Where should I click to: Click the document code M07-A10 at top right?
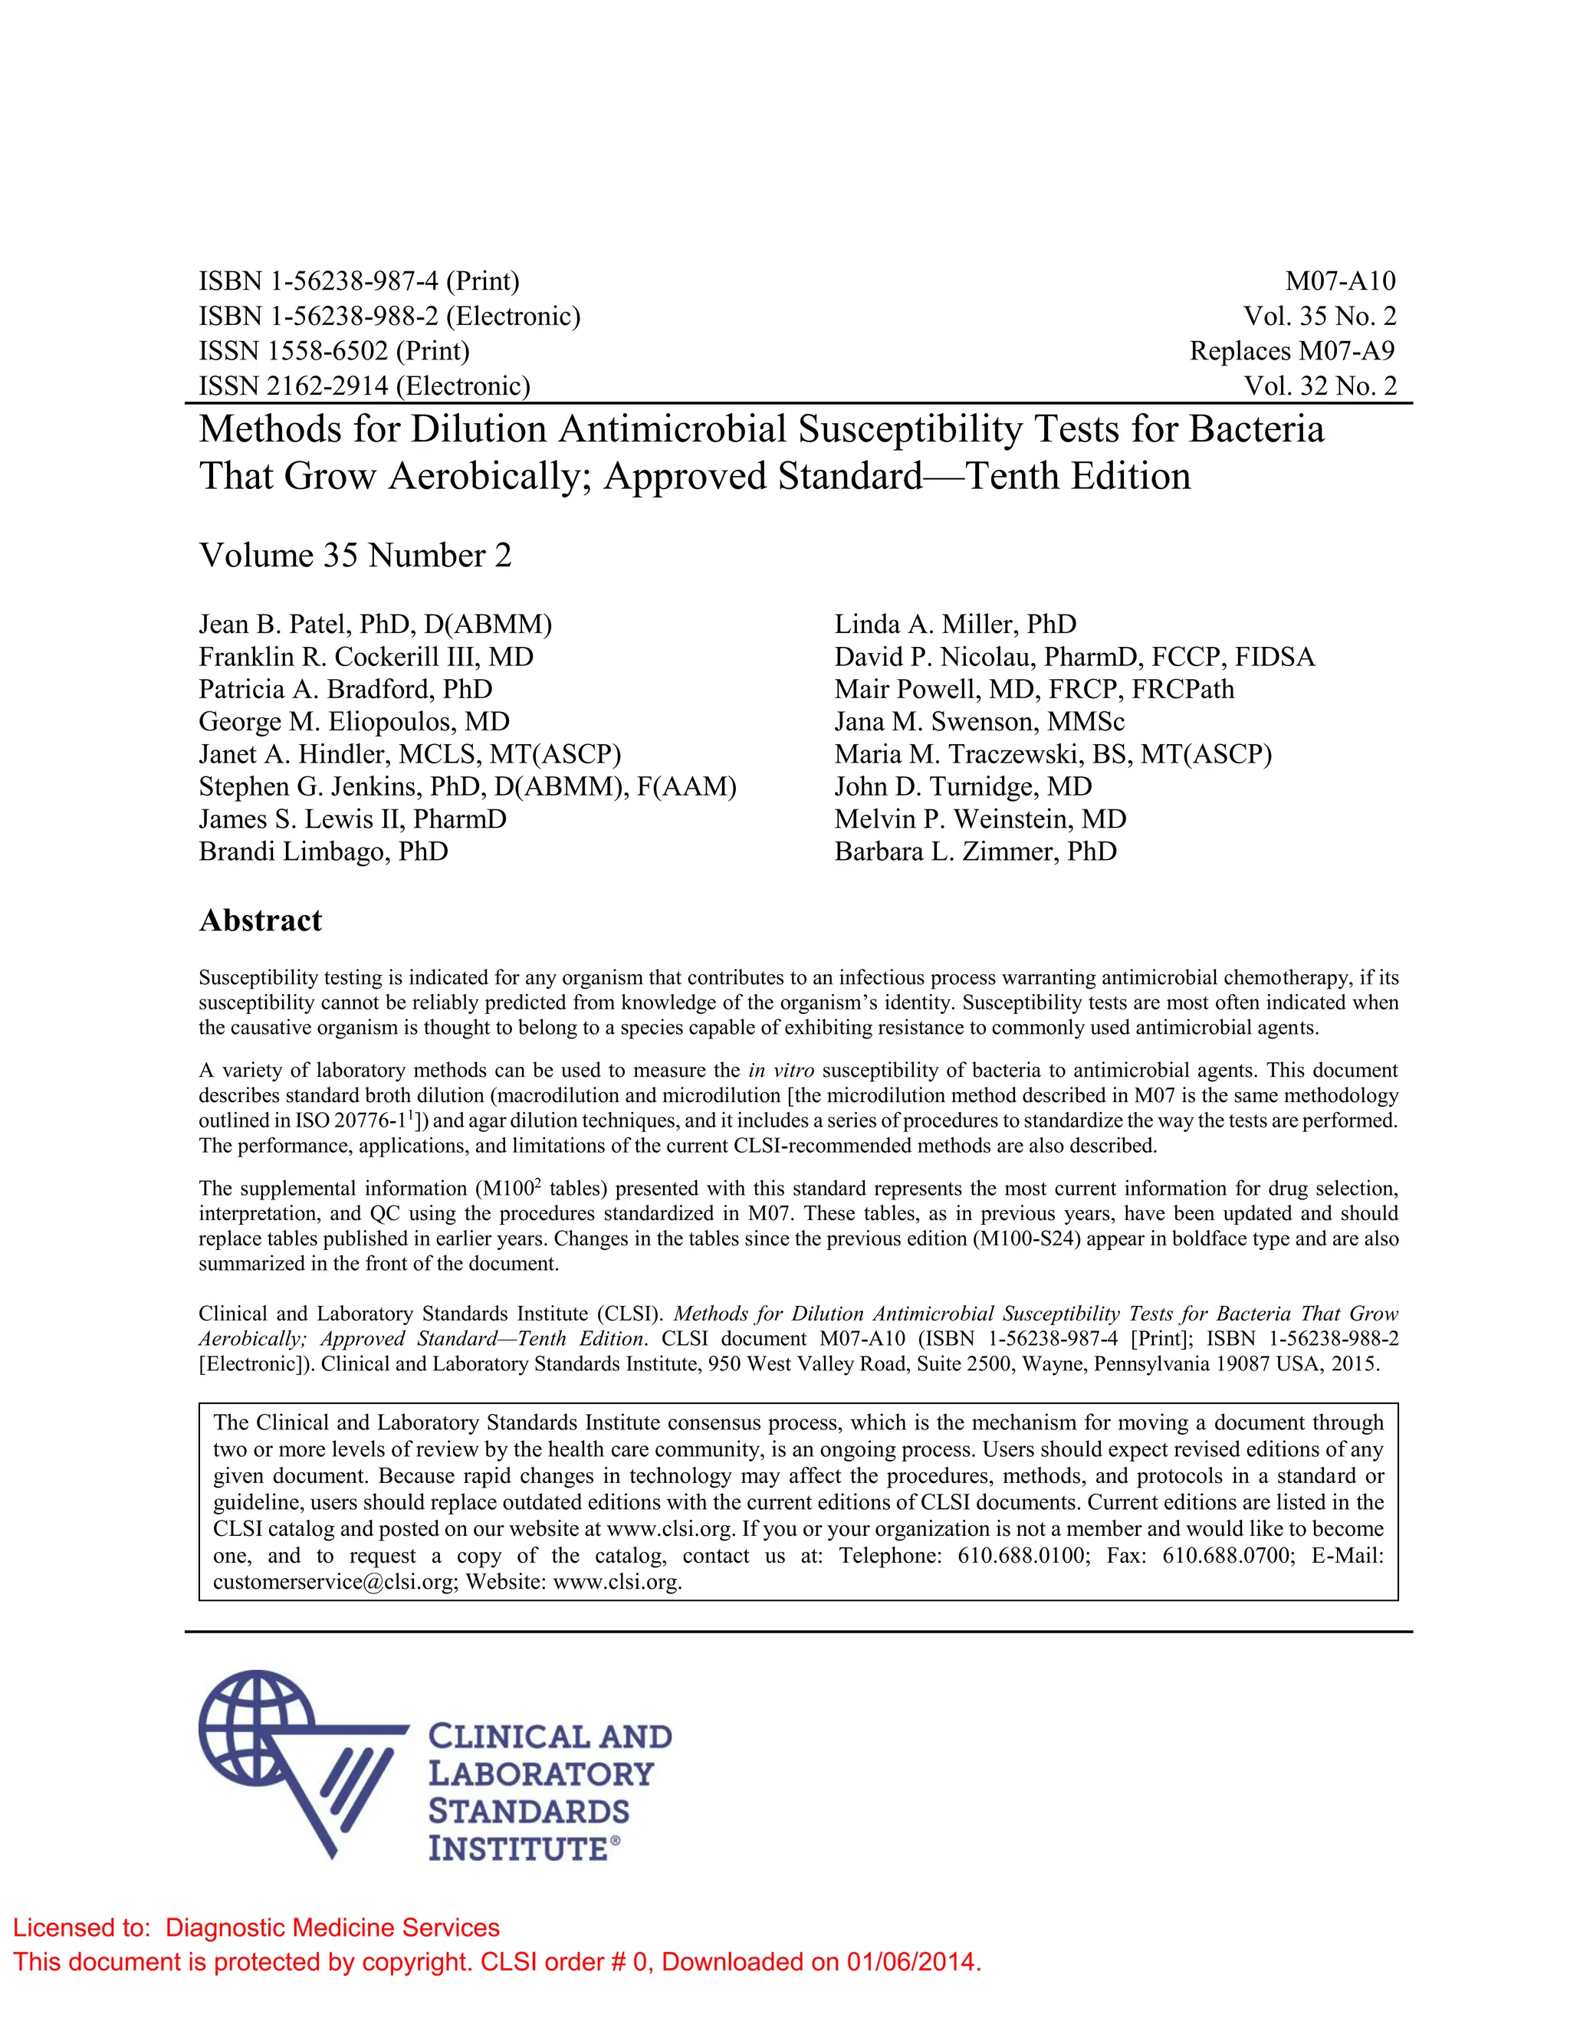point(1339,281)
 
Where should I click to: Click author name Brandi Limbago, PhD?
point(323,851)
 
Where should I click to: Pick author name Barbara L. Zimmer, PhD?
point(975,851)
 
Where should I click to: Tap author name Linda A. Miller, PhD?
point(955,624)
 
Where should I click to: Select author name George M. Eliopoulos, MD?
point(353,722)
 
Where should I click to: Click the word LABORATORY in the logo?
point(540,1773)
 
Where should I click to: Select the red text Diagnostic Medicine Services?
point(332,1927)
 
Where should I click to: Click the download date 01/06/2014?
point(911,1962)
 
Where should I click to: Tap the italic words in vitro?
point(780,1071)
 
